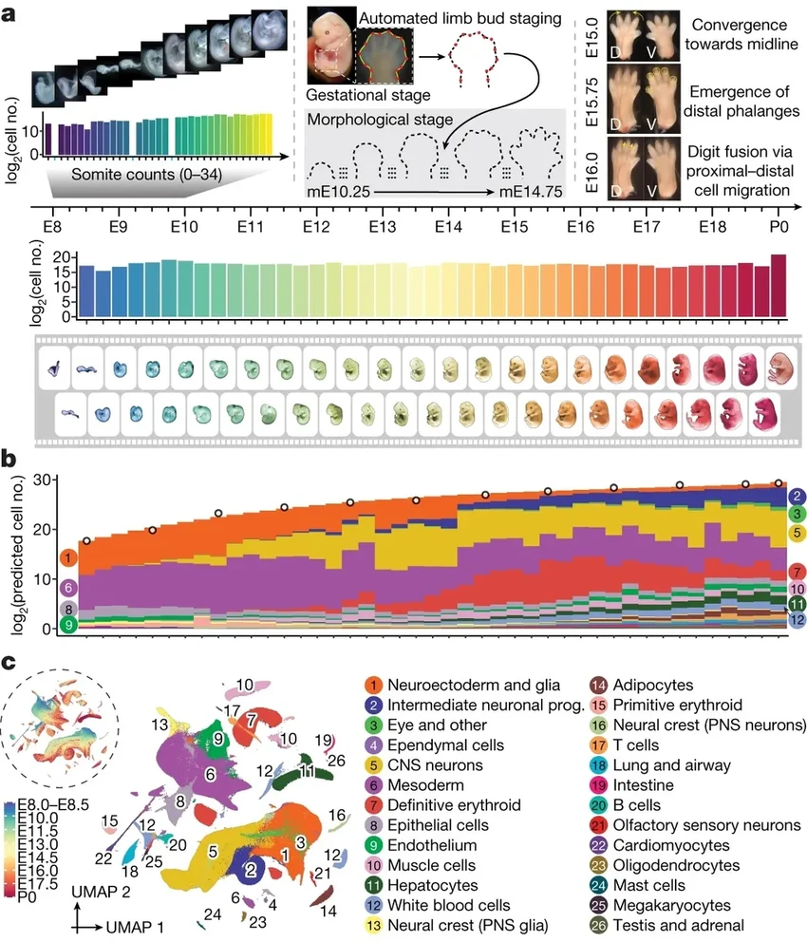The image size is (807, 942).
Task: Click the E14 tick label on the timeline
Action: pos(448,228)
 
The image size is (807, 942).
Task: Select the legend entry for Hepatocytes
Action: pos(441,884)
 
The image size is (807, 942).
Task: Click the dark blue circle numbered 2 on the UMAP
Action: pos(251,869)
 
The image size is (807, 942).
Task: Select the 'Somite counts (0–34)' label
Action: pos(121,175)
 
